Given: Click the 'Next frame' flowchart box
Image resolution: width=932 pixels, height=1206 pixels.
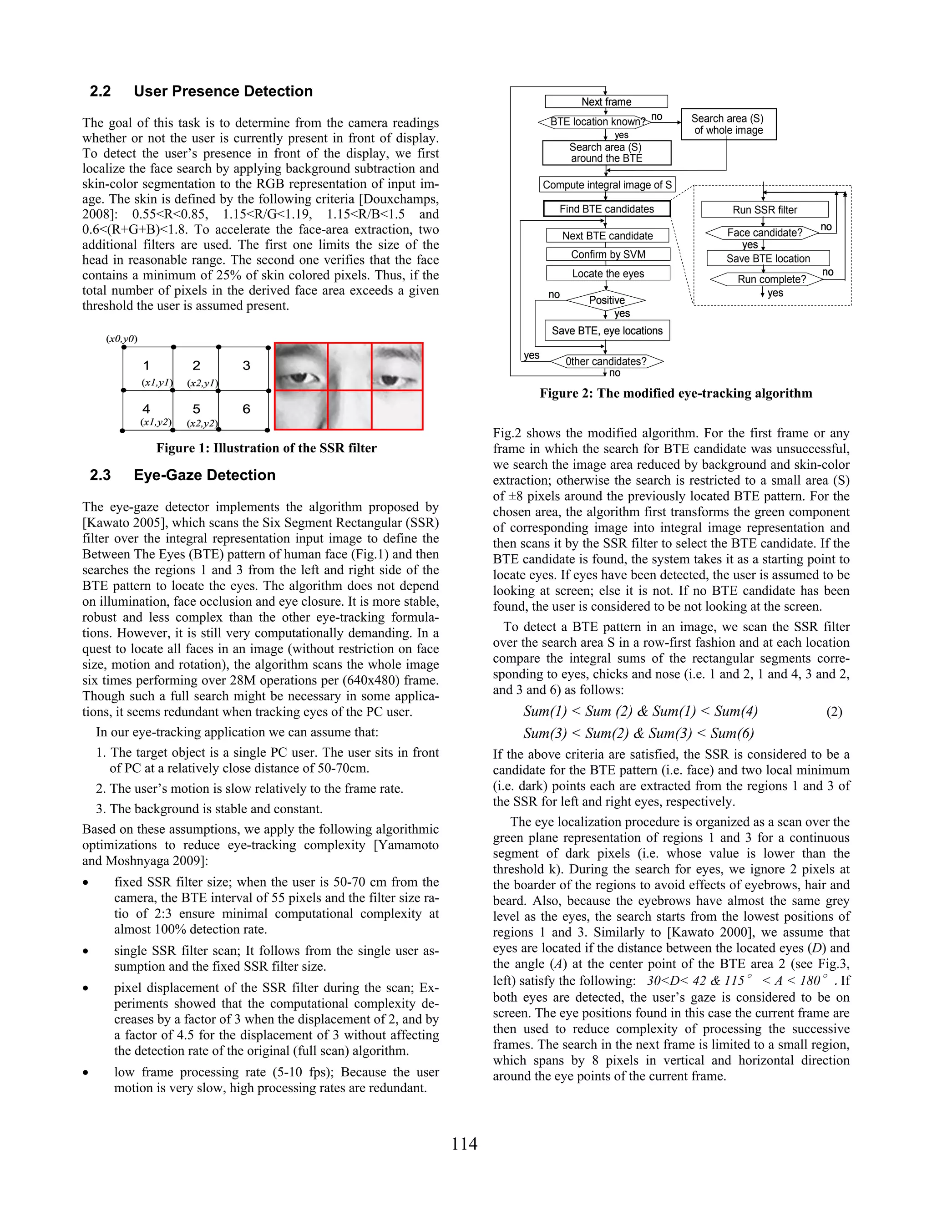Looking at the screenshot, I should pyautogui.click(x=606, y=101).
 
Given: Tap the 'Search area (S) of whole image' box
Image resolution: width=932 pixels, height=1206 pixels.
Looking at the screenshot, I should pyautogui.click(x=728, y=124).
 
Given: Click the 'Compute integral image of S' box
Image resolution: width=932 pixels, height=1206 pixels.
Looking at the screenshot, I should pyautogui.click(x=607, y=184).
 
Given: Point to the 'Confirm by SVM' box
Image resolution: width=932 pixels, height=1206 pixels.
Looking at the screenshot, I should pyautogui.click(x=608, y=254).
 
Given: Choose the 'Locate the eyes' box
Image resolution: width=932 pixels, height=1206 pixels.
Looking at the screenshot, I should pyautogui.click(x=608, y=274).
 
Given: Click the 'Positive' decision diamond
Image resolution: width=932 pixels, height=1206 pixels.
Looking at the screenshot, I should pyautogui.click(x=606, y=300).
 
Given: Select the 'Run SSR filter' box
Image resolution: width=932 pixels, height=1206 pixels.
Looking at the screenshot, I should pyautogui.click(x=765, y=210).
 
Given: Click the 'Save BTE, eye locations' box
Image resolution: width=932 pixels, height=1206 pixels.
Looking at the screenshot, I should pyautogui.click(x=607, y=330).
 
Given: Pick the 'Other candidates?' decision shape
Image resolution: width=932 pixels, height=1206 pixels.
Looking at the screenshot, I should pyautogui.click(x=606, y=361).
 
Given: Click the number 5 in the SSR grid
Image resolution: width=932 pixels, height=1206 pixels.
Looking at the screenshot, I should pyautogui.click(x=196, y=409).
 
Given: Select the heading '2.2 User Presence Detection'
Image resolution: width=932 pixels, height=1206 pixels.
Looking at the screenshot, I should pyautogui.click(x=201, y=91).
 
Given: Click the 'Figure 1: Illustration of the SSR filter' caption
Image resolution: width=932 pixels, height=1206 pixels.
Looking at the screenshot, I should pyautogui.click(x=266, y=448).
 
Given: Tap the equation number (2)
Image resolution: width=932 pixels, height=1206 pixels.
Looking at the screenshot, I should pyautogui.click(x=834, y=712).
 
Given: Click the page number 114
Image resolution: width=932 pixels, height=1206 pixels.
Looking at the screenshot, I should pyautogui.click(x=464, y=1144).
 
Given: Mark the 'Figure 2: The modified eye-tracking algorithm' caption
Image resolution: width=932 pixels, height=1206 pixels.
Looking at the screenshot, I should pyautogui.click(x=676, y=393).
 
